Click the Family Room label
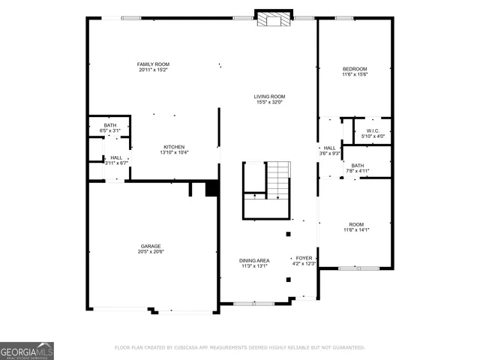(x=152, y=65)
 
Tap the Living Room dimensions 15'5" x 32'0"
(x=268, y=102)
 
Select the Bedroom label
(x=355, y=69)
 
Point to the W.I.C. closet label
(x=373, y=130)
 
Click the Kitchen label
(x=174, y=147)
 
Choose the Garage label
(x=151, y=246)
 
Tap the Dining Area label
(x=255, y=260)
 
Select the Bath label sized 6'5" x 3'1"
(x=110, y=125)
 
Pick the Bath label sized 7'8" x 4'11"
(x=357, y=165)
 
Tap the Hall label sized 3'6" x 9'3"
(x=330, y=148)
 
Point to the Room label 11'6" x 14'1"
(x=355, y=225)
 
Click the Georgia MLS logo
(x=27, y=350)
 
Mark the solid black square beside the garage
(x=211, y=189)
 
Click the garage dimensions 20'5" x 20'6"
(x=151, y=252)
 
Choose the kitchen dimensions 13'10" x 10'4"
(x=174, y=153)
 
